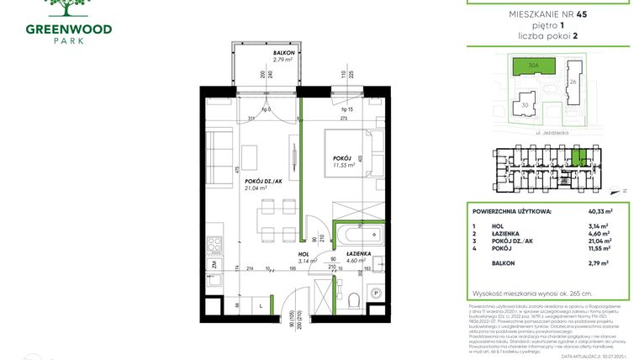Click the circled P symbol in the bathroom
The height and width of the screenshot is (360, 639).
(376, 294)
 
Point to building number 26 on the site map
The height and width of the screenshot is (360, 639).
(573, 82)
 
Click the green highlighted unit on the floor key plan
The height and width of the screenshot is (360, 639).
(578, 156)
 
